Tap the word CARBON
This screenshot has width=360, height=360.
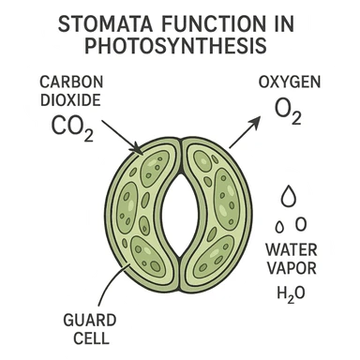coord(65,81)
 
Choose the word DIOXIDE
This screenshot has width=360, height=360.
coord(65,99)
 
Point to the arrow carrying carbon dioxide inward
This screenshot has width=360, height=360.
coord(119,133)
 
